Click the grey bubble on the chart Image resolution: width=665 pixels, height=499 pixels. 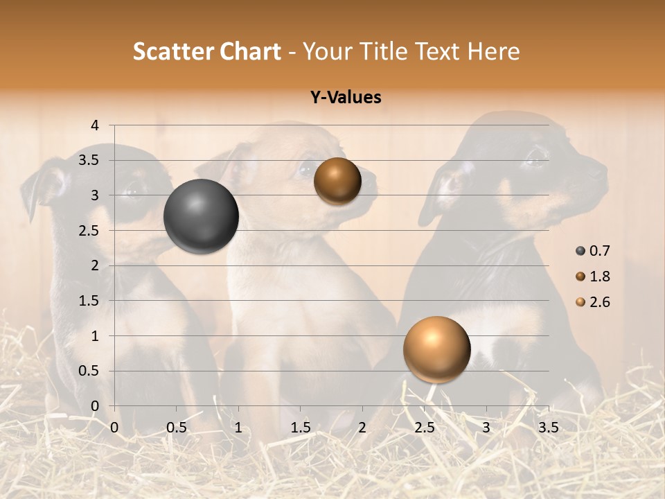coord(202,216)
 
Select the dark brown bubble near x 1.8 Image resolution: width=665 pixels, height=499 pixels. coord(337,181)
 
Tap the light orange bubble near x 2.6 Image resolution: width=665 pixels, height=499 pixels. coord(436,349)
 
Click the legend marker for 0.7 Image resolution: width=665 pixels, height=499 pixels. coord(580,251)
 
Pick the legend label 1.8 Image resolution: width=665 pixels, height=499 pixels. coord(599,277)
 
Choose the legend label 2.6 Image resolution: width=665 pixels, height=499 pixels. coord(599,302)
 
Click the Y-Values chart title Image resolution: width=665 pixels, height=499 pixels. coord(346,98)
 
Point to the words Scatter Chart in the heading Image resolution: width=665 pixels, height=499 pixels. coord(207,51)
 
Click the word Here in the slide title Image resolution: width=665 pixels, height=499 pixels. coord(493,51)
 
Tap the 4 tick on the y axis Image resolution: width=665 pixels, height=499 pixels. coord(96,125)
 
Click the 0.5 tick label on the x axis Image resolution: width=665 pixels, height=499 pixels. coord(176,428)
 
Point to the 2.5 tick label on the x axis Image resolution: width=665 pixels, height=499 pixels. coord(424,428)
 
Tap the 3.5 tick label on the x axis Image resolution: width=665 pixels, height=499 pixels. coord(548,428)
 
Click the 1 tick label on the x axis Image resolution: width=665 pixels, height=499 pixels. coord(238,428)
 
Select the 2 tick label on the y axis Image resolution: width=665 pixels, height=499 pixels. coord(96,265)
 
